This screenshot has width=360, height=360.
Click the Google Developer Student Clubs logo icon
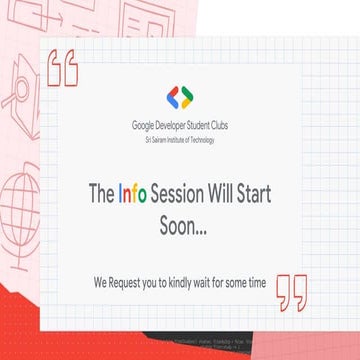click(180, 97)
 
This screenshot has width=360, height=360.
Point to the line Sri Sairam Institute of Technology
click(180, 139)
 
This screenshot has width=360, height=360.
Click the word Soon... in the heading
click(183, 226)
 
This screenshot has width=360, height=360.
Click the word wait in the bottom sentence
click(210, 283)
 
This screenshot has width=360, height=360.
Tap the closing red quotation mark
click(292, 291)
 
